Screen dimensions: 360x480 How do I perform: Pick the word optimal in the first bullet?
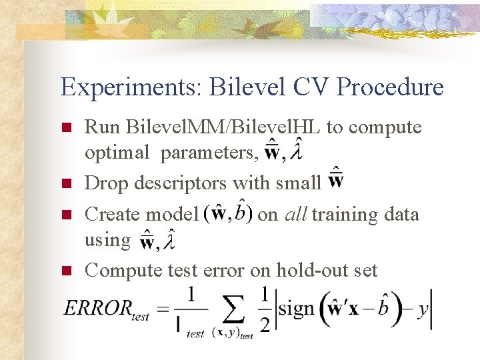tap(117, 153)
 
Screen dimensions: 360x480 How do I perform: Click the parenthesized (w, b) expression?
tap(229, 213)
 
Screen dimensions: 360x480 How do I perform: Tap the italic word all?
tap(296, 214)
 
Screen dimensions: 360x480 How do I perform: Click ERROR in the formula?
tap(97, 308)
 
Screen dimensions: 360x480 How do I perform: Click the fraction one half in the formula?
tap(265, 308)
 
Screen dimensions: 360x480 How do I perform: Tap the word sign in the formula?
tap(296, 309)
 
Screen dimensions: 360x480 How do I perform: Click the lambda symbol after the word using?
tap(171, 243)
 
